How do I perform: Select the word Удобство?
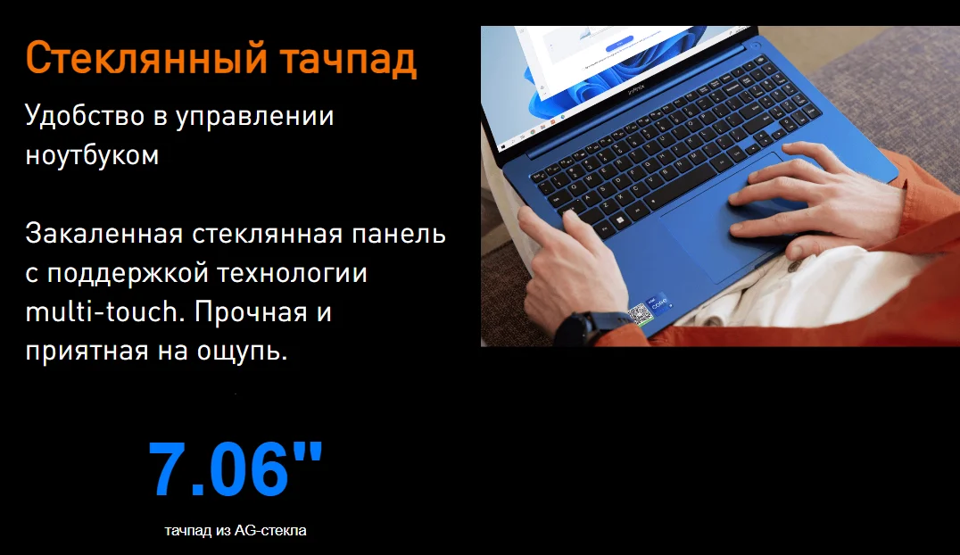tap(86, 116)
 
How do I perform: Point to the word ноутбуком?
tap(93, 155)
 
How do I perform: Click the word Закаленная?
tap(104, 235)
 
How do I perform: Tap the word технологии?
tap(292, 273)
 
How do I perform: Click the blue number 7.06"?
tap(236, 468)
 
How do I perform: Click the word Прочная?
tap(251, 312)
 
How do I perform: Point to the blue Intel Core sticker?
tap(659, 303)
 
